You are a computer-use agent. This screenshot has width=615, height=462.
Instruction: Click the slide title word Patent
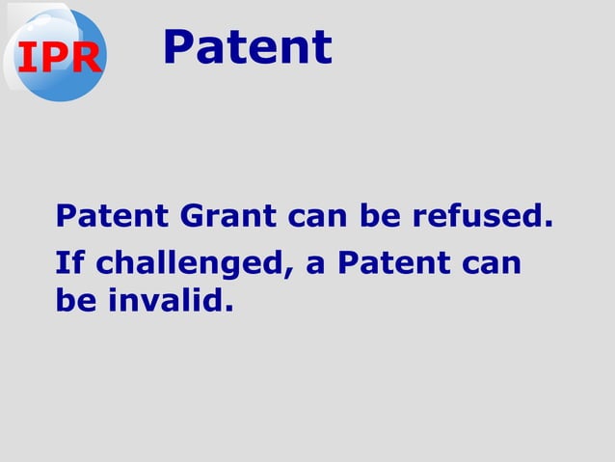pos(247,47)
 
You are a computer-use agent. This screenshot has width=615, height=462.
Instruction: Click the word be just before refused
pos(381,217)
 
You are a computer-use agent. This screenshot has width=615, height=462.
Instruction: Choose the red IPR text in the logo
pos(58,59)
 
